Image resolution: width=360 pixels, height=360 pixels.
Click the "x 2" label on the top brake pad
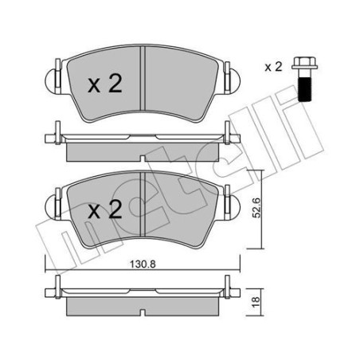click(103, 85)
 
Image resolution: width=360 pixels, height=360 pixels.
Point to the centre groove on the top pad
click(142, 80)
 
